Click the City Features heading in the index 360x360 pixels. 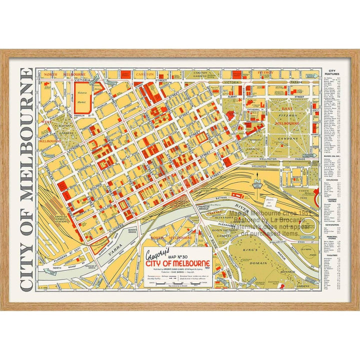332,73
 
